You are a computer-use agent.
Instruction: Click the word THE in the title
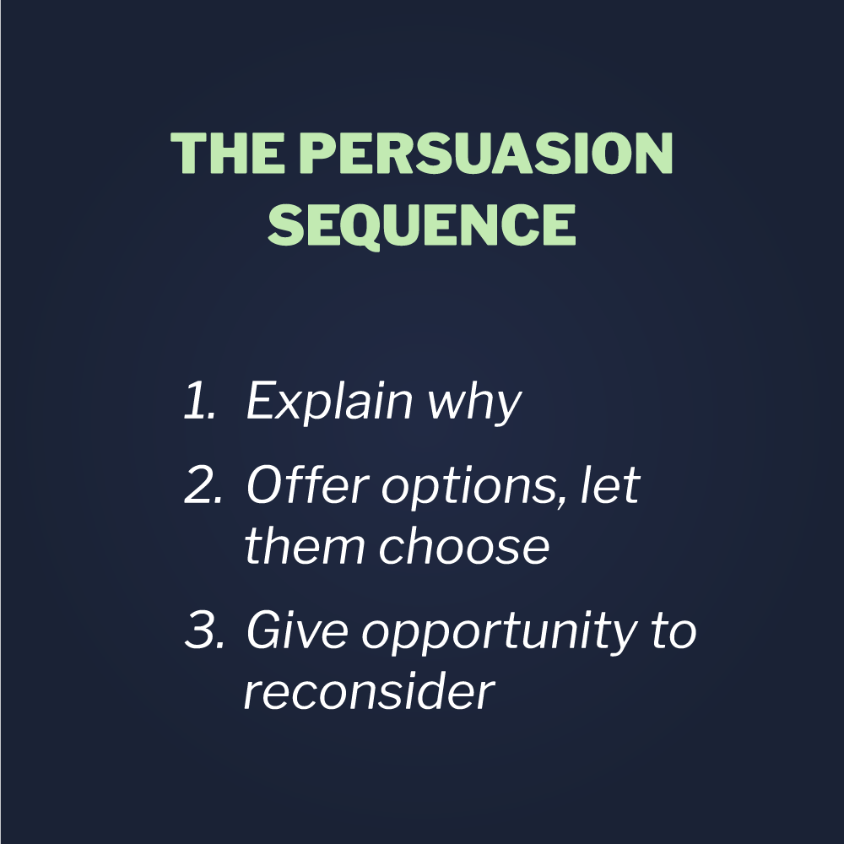click(x=228, y=153)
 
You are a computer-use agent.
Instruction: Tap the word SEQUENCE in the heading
click(x=422, y=225)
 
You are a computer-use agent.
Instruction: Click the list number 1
click(x=199, y=400)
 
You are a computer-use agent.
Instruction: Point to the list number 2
click(x=203, y=485)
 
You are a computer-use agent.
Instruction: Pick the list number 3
click(x=204, y=630)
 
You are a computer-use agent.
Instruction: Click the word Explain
click(x=329, y=402)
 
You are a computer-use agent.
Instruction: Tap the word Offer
click(x=308, y=484)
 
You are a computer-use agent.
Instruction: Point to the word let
click(x=610, y=485)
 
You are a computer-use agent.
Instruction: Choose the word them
click(x=305, y=545)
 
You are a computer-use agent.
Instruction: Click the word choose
click(x=464, y=545)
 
